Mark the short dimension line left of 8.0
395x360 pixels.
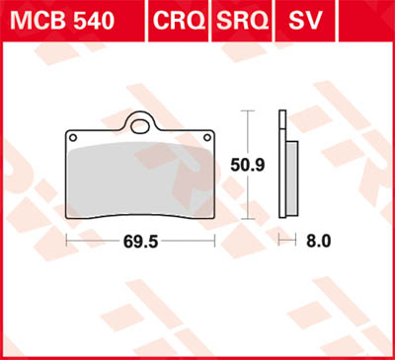coord(287,240)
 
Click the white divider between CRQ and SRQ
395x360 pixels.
coord(212,20)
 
